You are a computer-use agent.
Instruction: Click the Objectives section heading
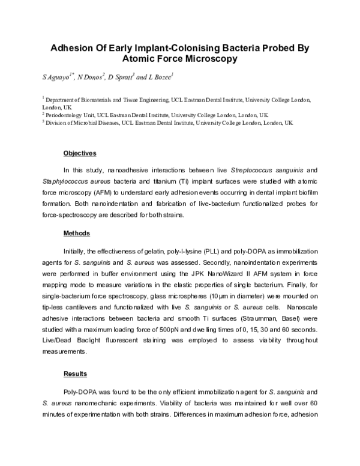(80, 153)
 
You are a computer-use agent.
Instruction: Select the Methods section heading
(76, 233)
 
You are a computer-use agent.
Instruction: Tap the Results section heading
(75, 374)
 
